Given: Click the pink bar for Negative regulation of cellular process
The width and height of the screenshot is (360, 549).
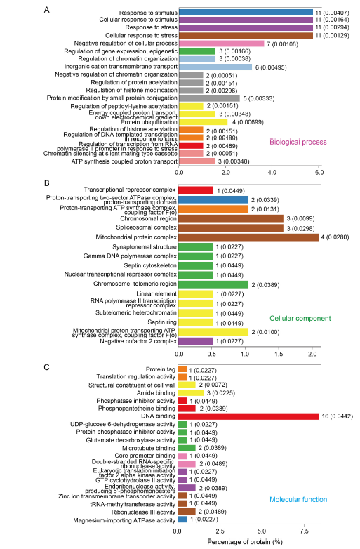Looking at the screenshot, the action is tap(222, 44).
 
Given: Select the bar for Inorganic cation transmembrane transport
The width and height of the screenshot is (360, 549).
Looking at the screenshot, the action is tap(215, 67).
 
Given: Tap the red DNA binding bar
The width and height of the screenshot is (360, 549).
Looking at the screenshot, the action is tap(248, 416).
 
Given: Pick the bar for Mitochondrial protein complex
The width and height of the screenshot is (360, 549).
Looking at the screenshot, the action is tap(248, 237).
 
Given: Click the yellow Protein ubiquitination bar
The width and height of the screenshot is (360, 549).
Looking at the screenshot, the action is tap(204, 122).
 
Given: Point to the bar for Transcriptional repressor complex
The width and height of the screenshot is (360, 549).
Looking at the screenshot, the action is tap(196, 190).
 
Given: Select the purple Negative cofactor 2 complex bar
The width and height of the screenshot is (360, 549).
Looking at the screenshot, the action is tap(196, 341).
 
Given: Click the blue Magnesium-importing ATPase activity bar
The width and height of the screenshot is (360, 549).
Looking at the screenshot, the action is tap(182, 520).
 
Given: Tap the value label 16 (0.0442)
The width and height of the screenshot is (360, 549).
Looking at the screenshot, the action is tap(338, 416).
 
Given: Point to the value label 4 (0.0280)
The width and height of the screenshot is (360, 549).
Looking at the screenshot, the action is tap(335, 237).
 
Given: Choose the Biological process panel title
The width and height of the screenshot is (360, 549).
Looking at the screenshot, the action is tap(298, 142).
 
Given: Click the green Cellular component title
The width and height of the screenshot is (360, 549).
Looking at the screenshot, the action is tap(300, 318).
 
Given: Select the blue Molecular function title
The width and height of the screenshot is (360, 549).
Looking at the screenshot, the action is tap(298, 499).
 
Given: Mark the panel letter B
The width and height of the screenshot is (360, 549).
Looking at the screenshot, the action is tap(47, 183).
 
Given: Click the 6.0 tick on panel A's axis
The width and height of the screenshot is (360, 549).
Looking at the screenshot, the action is tap(319, 172).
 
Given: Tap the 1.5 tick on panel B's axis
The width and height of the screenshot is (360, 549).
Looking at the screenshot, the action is tap(279, 354).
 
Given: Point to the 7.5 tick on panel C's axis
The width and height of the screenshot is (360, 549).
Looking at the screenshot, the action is tap(304, 531).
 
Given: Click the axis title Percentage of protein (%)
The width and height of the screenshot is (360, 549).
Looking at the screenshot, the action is tap(245, 542).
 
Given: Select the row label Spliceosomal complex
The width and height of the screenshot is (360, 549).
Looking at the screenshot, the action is tap(146, 227).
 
